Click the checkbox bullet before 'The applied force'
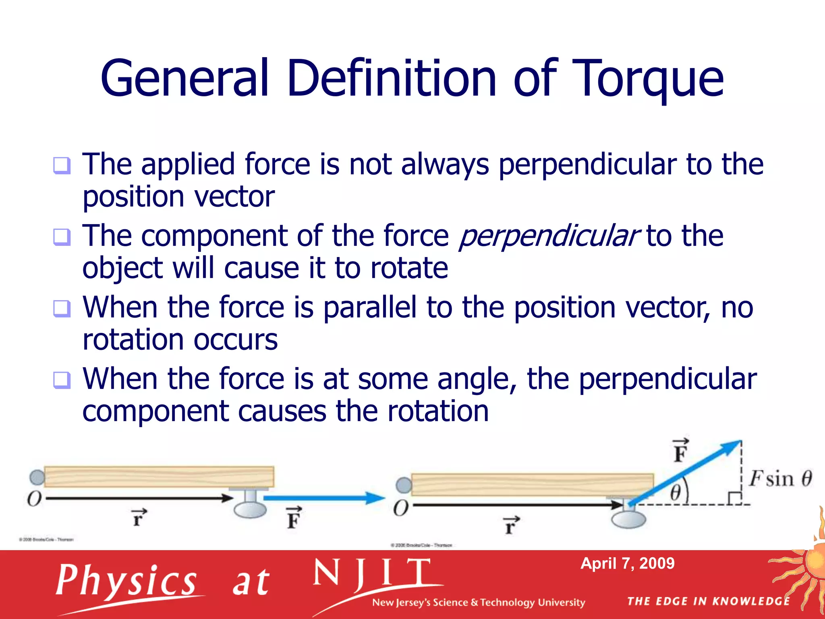[62, 165]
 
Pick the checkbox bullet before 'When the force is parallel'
[62, 309]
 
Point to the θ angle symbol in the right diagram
[676, 492]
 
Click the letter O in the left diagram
[34, 499]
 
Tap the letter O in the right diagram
[401, 508]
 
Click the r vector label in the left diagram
[138, 517]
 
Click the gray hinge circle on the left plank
[37, 478]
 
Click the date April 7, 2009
[627, 563]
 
